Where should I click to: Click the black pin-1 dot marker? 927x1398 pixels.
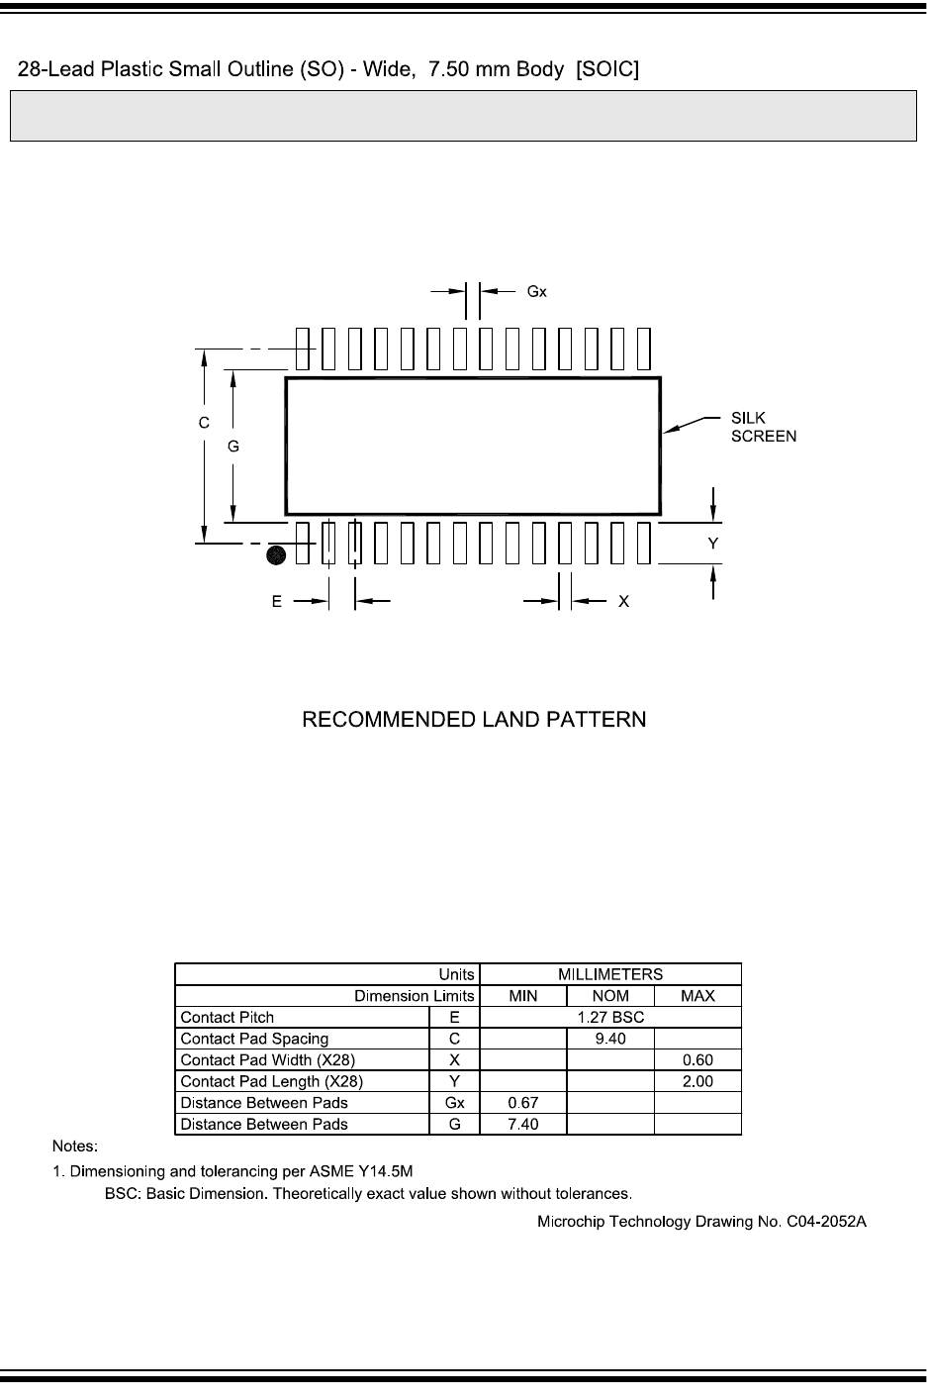276,554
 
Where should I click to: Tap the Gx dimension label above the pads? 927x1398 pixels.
536,291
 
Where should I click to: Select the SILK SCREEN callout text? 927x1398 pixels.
764,427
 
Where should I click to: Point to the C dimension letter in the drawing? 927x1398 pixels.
204,423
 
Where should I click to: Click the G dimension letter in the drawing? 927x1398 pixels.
233,447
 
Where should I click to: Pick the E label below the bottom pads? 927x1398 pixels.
277,601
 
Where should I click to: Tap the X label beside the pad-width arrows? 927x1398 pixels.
624,601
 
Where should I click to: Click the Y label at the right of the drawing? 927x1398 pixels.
713,543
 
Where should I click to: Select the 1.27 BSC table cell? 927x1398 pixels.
610,1017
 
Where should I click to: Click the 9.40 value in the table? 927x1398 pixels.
610,1039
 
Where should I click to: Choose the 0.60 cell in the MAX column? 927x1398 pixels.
697,1059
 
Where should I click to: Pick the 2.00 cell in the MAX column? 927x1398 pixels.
697,1081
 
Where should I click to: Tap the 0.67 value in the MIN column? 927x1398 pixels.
522,1102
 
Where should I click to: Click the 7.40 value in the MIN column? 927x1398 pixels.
522,1124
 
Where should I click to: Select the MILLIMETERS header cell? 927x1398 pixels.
610,974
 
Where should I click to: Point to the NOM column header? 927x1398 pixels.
610,995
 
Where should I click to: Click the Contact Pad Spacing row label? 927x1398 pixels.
254,1039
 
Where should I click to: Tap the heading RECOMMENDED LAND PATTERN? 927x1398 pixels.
474,720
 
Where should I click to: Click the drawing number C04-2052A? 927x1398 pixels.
826,1222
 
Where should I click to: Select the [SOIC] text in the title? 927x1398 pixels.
607,68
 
